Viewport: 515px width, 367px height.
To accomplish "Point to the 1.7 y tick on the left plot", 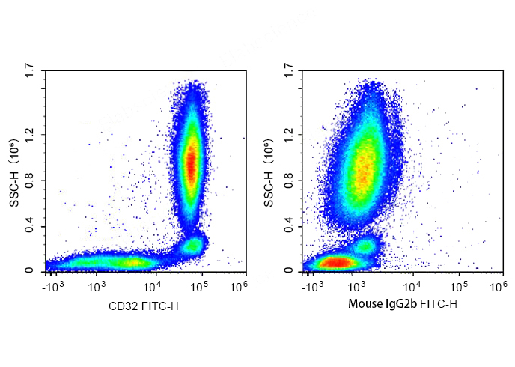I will point(30,73).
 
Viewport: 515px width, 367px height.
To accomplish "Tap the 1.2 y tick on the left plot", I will point(30,135).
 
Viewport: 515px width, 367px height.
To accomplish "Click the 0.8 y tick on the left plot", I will point(30,181).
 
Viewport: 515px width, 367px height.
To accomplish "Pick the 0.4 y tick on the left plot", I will point(30,227).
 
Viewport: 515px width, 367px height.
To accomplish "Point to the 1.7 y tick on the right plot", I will point(288,73).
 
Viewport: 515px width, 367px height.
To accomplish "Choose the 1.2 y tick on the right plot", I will point(288,135).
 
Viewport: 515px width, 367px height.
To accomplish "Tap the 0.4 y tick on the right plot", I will point(288,227).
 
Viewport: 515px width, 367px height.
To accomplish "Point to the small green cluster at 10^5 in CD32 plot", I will point(193,245).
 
